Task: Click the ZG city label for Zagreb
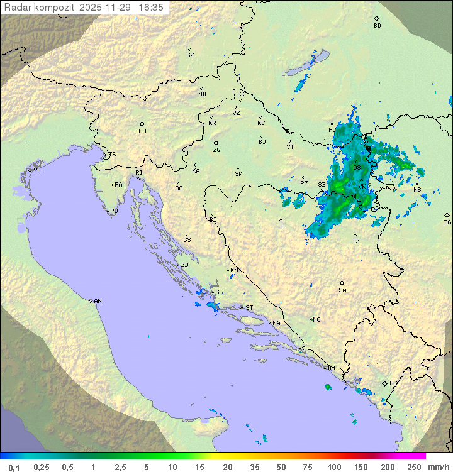tap(216, 150)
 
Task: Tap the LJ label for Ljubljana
tap(142, 131)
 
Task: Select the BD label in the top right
tap(377, 26)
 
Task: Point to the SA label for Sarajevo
tap(342, 290)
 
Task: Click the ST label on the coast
tap(249, 307)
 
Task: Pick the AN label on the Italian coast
tap(98, 301)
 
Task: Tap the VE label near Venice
tap(37, 170)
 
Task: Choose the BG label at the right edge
tap(447, 222)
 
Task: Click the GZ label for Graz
tap(190, 55)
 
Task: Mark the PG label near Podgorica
tap(393, 383)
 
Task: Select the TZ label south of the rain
tap(356, 241)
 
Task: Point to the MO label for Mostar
tap(316, 319)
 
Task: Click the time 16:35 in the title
tap(151, 8)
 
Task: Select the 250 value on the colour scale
tap(413, 467)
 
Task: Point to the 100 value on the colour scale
tap(334, 467)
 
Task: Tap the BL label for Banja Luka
tap(281, 226)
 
